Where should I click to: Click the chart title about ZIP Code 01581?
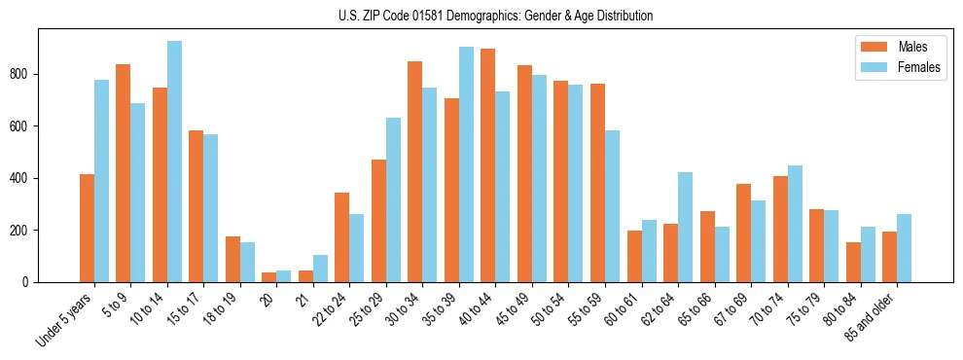coord(481,16)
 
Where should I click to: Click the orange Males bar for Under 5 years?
coord(87,228)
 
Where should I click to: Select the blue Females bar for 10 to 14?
coord(174,162)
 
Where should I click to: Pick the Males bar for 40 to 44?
coord(488,165)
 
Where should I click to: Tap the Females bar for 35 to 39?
coord(466,164)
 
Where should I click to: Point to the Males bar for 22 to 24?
coord(342,237)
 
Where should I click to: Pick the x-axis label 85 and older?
coord(870,317)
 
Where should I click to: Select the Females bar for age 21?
coord(320,269)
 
